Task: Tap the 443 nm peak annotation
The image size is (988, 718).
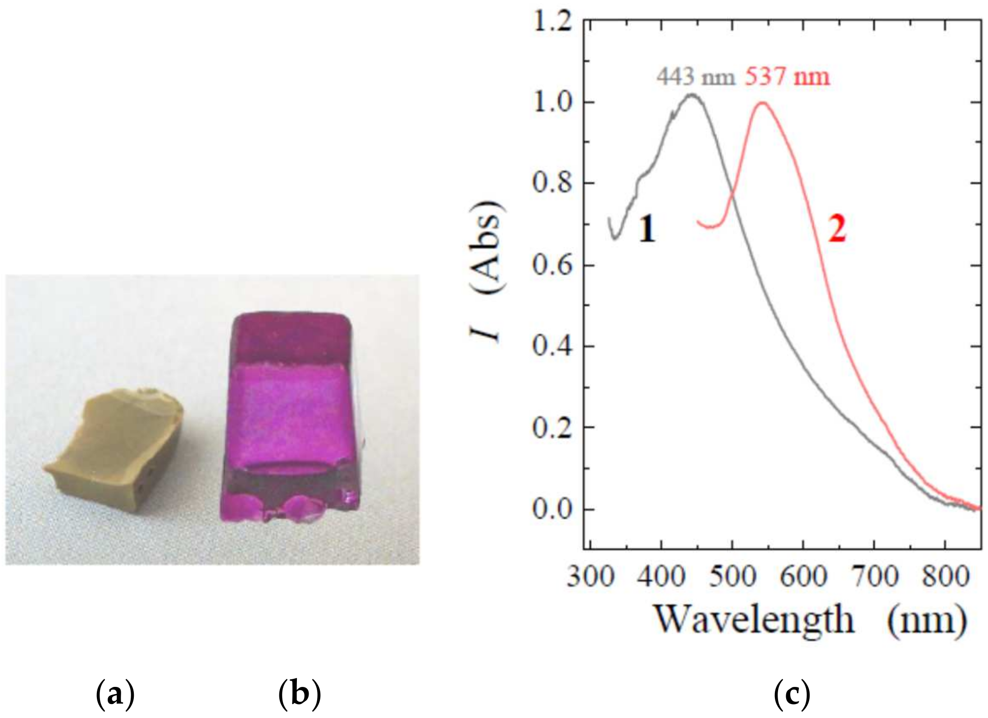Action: (x=695, y=77)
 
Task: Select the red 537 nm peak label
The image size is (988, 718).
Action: (x=787, y=77)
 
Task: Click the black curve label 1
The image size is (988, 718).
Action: (x=647, y=229)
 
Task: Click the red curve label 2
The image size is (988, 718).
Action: (x=837, y=229)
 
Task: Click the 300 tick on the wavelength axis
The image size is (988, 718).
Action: (x=590, y=576)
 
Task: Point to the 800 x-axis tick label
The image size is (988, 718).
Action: (x=945, y=576)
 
